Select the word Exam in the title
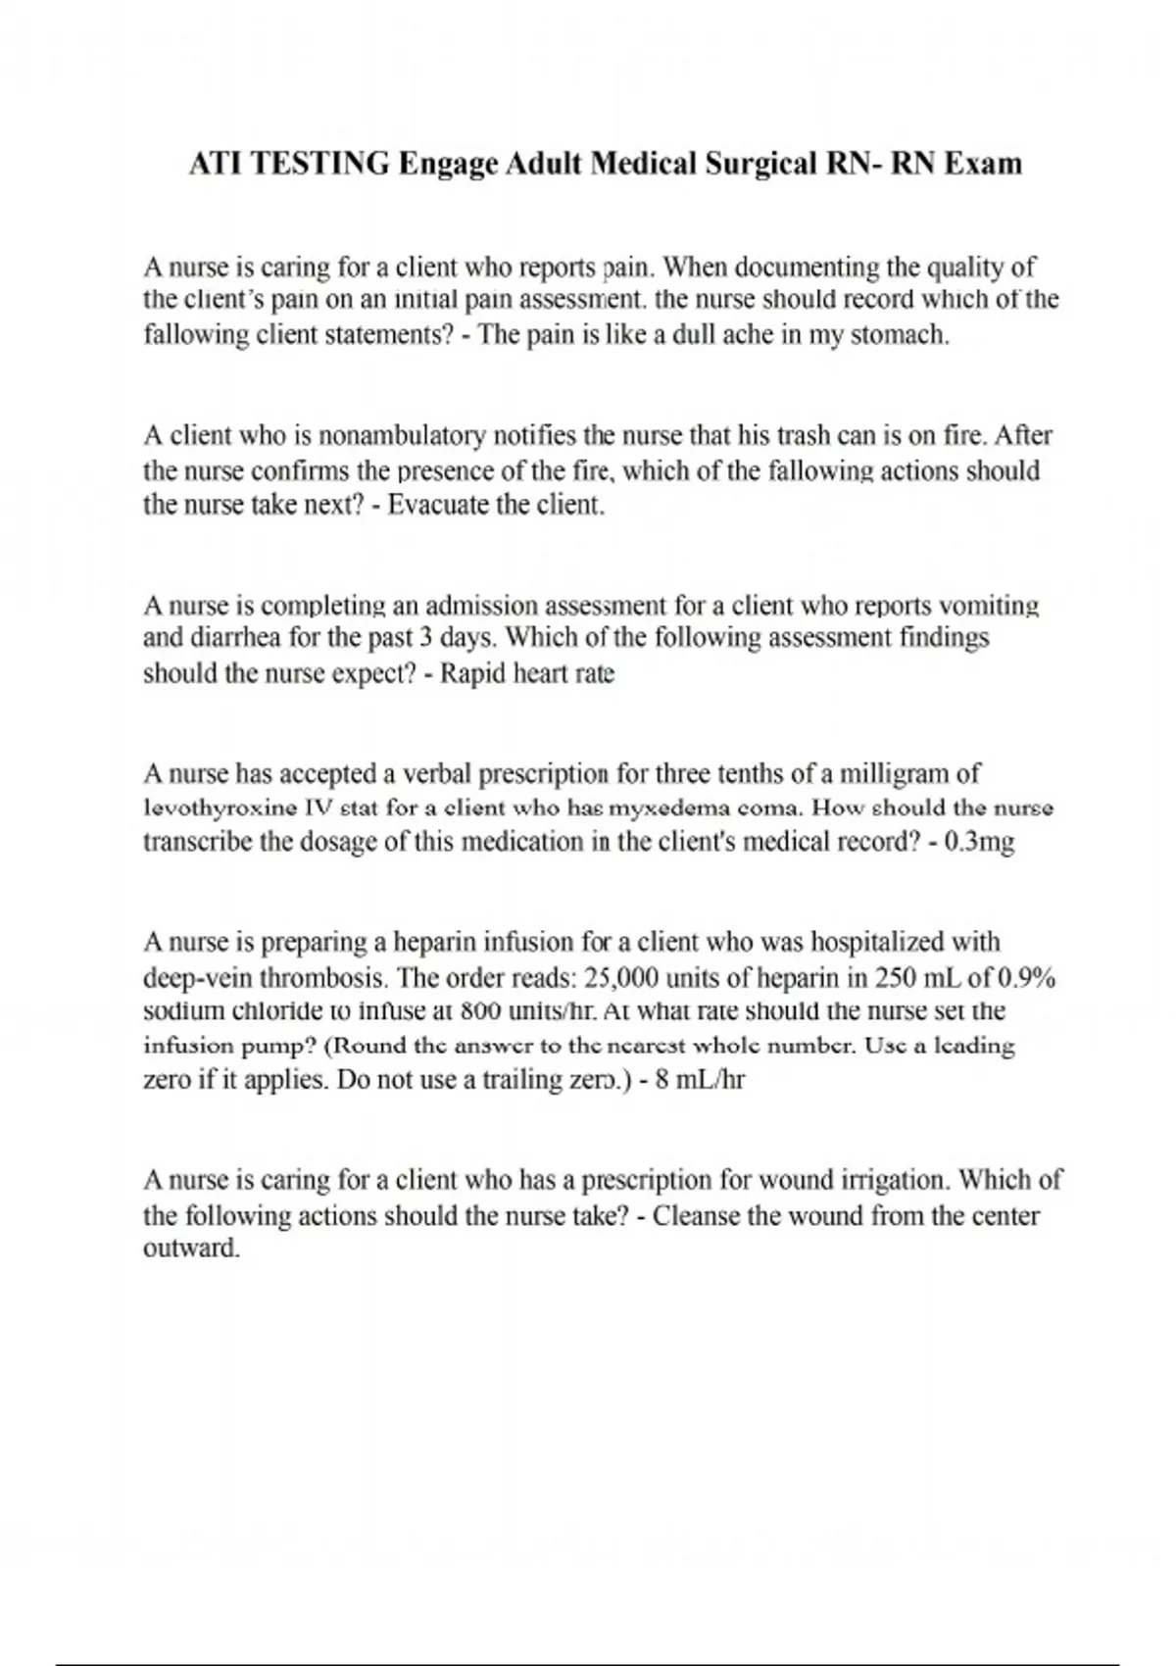coord(983,165)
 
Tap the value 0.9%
coord(1028,977)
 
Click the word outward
coord(191,1249)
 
